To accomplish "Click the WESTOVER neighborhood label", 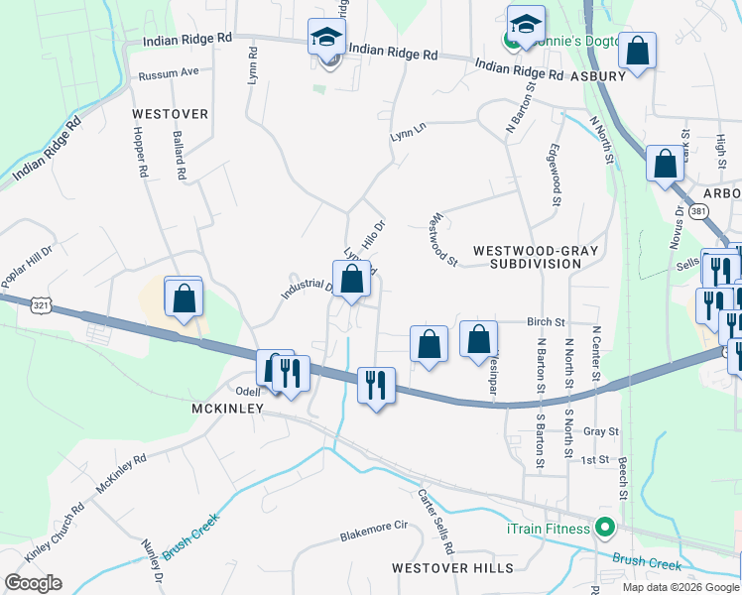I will (171, 114).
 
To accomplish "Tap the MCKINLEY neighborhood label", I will (227, 409).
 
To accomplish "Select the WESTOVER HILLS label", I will (452, 567).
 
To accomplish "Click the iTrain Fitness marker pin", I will (603, 529).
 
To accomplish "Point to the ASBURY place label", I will (597, 75).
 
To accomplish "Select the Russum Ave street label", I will (169, 72).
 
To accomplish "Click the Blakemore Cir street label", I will (374, 532).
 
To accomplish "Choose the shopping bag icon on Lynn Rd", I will (351, 278).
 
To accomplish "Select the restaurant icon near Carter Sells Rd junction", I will (376, 385).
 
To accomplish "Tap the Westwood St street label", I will (441, 241).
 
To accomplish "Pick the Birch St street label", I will (546, 322).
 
